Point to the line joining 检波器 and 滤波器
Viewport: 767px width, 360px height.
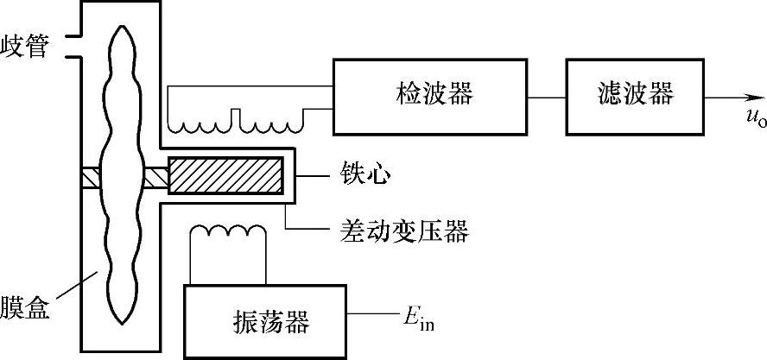point(547,96)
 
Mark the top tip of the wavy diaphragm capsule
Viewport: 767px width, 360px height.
point(118,26)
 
